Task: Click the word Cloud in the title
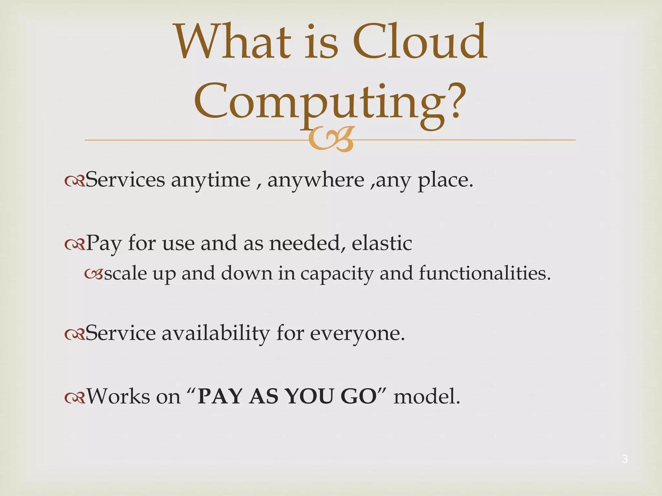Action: click(419, 42)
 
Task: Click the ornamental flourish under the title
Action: click(331, 139)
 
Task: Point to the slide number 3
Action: click(625, 459)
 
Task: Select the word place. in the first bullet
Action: click(446, 180)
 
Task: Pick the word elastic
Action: click(382, 243)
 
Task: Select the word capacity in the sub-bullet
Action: click(337, 274)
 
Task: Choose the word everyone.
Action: click(357, 334)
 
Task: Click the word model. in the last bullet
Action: click(427, 396)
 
